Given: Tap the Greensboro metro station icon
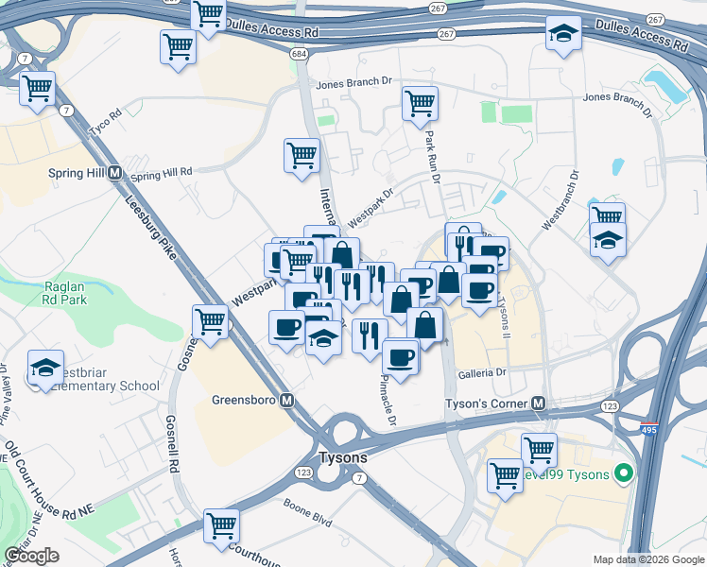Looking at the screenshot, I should pos(286,400).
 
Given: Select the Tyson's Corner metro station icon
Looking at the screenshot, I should pos(539,404).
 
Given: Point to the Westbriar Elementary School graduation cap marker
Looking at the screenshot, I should pos(44,369).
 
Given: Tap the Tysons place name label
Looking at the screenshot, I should pos(341,455).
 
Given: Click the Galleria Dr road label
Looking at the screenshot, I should pos(483,372).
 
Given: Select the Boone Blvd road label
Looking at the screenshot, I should pos(308,507).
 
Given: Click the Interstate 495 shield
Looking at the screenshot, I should pos(648,428).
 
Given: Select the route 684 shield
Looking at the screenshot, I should pos(300,54).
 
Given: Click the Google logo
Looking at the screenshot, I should pos(31,556).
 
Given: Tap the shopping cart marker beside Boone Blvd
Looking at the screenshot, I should pos(221,525).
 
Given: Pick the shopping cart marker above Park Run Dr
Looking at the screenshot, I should pos(420,103).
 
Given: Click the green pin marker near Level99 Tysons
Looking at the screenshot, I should pos(622,472).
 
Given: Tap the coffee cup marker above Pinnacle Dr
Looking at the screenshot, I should pos(401,358).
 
